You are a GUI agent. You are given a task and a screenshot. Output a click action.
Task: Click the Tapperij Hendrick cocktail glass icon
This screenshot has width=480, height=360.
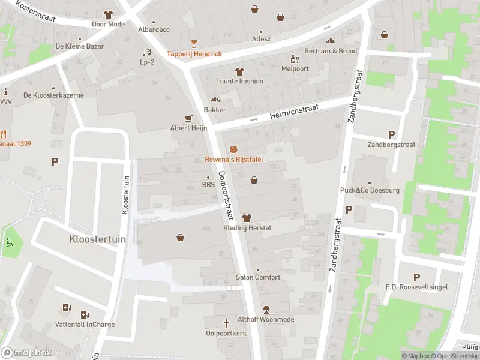pyautogui.click(x=194, y=43)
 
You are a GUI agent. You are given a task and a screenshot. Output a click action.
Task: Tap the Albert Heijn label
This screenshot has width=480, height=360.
pyautogui.click(x=188, y=128)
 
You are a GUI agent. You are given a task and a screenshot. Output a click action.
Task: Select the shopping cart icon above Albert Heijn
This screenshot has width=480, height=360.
pyautogui.click(x=188, y=118)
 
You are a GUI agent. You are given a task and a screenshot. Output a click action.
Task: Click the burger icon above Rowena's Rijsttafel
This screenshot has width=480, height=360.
pyautogui.click(x=233, y=149)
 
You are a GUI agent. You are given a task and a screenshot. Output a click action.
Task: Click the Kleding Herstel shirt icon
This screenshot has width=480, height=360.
pyautogui.click(x=247, y=218)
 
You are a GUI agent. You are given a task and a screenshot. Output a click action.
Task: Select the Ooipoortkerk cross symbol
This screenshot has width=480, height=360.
pyautogui.click(x=226, y=323)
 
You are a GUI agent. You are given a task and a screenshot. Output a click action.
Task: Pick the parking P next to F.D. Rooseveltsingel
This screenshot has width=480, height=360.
pyautogui.click(x=416, y=277)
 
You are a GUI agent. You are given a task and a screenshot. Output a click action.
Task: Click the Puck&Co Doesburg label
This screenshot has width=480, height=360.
pyautogui.click(x=369, y=190)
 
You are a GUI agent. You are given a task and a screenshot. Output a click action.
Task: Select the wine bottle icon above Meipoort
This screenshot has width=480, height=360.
pyautogui.click(x=294, y=58)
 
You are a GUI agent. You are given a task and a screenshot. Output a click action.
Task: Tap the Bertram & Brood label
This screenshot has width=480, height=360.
pyautogui.click(x=331, y=51)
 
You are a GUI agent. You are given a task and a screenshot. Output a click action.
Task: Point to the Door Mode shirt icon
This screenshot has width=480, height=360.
pyautogui.click(x=108, y=14)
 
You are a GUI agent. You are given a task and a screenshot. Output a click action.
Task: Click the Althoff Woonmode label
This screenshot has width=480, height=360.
pyautogui.click(x=266, y=319)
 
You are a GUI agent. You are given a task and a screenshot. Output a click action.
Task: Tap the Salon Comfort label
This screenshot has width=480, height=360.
pyautogui.click(x=258, y=277)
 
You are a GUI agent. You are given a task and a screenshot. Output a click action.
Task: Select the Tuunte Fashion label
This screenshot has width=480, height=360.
pyautogui.click(x=240, y=81)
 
